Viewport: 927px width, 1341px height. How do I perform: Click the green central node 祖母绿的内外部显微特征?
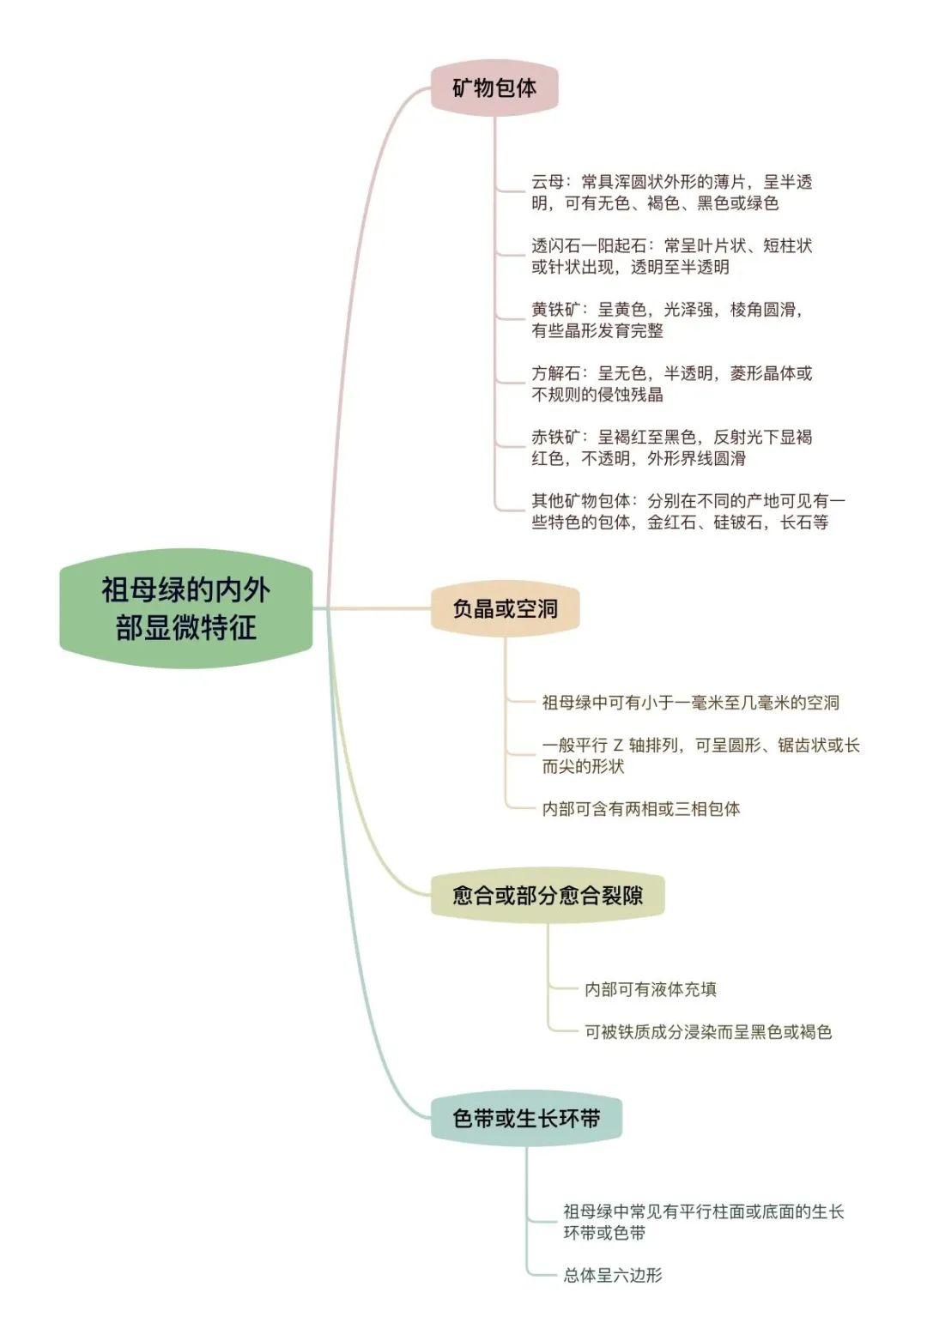coord(185,608)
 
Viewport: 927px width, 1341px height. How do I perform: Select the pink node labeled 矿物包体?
coord(494,88)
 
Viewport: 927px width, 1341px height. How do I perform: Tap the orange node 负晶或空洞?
coord(505,609)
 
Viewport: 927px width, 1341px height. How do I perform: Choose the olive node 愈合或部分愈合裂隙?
coord(548,895)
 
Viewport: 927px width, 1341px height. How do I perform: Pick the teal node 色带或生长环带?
coord(526,1117)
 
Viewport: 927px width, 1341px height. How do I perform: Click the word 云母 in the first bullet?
coord(548,182)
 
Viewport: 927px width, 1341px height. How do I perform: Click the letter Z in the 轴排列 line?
coord(618,746)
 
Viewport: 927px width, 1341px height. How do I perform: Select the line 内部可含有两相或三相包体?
coord(641,809)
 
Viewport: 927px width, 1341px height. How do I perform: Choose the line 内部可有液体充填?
coord(651,989)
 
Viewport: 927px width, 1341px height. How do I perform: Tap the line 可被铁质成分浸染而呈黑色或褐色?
coord(708,1031)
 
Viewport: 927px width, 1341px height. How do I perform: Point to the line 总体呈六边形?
coord(613,1275)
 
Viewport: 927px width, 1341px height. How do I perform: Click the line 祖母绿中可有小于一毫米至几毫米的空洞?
coord(690,702)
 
